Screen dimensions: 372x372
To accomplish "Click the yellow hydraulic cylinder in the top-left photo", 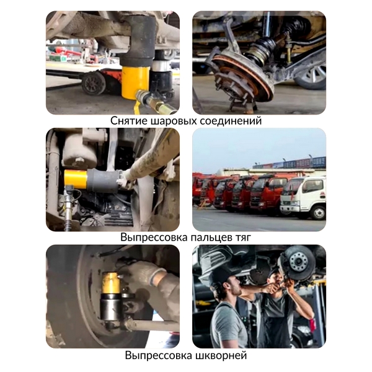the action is tap(135, 82).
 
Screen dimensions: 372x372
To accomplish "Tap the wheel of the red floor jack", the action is tap(94, 83).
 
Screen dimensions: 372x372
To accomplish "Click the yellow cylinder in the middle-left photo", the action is tap(76, 180).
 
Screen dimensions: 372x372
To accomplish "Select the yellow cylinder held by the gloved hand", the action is tap(111, 283).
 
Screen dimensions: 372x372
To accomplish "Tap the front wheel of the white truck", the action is tap(318, 212).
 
